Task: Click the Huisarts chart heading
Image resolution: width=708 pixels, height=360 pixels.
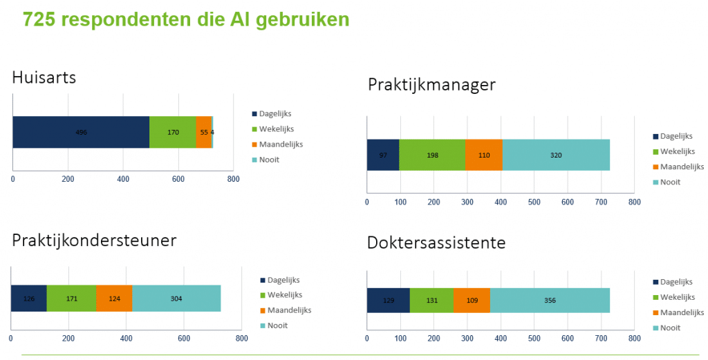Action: pyautogui.click(x=44, y=77)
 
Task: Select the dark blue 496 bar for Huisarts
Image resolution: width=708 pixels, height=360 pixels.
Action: pyautogui.click(x=81, y=132)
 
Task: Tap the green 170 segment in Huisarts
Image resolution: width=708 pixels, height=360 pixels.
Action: pyautogui.click(x=172, y=132)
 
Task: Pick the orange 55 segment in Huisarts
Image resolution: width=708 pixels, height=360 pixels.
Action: pyautogui.click(x=203, y=132)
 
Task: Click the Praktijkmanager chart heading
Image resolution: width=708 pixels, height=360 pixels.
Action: pyautogui.click(x=431, y=84)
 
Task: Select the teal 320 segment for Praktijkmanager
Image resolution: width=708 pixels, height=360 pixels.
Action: pyautogui.click(x=556, y=155)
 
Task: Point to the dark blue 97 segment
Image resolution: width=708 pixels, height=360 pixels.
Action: pyautogui.click(x=383, y=155)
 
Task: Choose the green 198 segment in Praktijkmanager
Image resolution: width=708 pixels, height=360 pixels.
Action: pyautogui.click(x=432, y=155)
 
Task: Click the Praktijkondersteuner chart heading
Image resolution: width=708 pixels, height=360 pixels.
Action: pyautogui.click(x=94, y=240)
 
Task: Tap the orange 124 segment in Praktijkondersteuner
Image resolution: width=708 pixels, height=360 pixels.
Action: pyautogui.click(x=114, y=299)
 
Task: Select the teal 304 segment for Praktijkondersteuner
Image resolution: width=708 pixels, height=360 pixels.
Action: pyautogui.click(x=176, y=299)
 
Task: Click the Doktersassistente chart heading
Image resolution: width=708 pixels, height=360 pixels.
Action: pyautogui.click(x=436, y=243)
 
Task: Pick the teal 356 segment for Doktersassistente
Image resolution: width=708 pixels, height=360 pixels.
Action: pyautogui.click(x=550, y=301)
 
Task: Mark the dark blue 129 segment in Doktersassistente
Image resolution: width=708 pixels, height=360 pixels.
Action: pyautogui.click(x=388, y=301)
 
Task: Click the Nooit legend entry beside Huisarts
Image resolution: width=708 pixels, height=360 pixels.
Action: pyautogui.click(x=269, y=160)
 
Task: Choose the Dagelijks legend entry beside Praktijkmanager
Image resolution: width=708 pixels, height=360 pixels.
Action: pyautogui.click(x=676, y=136)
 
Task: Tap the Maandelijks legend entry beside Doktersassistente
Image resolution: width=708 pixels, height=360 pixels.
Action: pyautogui.click(x=682, y=312)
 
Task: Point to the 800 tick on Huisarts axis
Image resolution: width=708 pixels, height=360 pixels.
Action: pyautogui.click(x=233, y=179)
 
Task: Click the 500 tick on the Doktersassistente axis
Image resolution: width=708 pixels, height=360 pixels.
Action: pyautogui.click(x=534, y=339)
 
